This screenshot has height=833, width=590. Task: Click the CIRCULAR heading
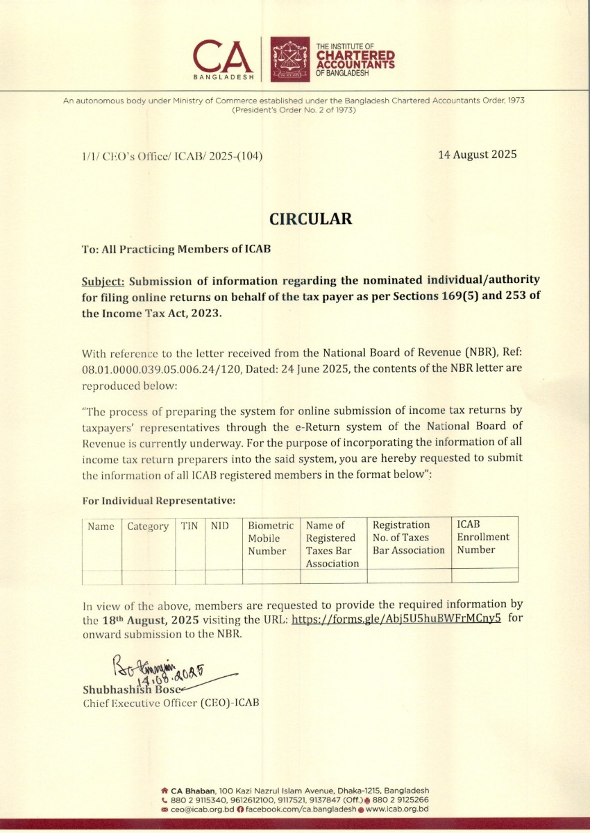pyautogui.click(x=310, y=219)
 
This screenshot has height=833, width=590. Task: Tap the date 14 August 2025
pyautogui.click(x=477, y=155)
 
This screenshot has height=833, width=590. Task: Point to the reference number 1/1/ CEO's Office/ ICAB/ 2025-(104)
pyautogui.click(x=172, y=157)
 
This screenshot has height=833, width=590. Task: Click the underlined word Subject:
pyautogui.click(x=103, y=281)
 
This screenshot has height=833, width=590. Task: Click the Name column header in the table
pyautogui.click(x=101, y=526)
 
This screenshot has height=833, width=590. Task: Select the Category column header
pyautogui.click(x=148, y=526)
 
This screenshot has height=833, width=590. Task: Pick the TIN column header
pyautogui.click(x=189, y=526)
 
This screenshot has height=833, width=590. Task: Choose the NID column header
pyautogui.click(x=220, y=526)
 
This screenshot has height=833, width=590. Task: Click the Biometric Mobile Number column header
pyautogui.click(x=271, y=538)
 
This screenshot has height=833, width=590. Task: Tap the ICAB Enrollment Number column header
pyautogui.click(x=482, y=537)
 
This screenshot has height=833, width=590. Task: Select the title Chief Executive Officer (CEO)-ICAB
pyautogui.click(x=171, y=703)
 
